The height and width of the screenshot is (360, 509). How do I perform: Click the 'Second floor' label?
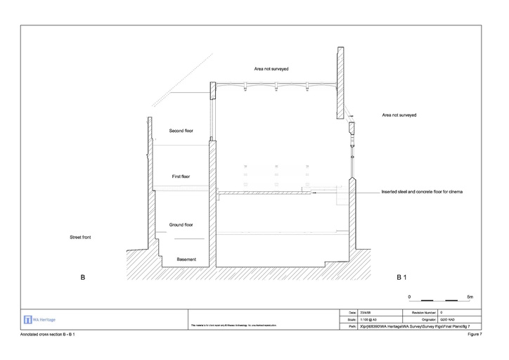click(181, 131)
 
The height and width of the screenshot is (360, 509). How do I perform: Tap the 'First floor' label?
click(181, 176)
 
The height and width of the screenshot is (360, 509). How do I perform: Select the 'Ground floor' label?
click(181, 225)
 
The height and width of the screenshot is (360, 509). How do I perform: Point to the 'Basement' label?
click(186, 259)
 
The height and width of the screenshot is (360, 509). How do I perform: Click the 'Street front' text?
click(80, 237)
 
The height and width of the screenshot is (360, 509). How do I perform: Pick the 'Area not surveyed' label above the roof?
click(271, 69)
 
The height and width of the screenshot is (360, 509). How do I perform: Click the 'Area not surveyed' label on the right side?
click(399, 114)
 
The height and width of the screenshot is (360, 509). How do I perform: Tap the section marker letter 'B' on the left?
click(82, 278)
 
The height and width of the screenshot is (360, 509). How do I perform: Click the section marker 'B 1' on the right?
click(402, 278)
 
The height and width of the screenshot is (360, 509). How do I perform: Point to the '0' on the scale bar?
click(410, 296)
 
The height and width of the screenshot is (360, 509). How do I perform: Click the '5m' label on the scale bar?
click(470, 296)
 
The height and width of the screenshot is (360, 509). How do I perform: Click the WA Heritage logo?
click(40, 319)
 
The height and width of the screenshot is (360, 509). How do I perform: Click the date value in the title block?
click(366, 311)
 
